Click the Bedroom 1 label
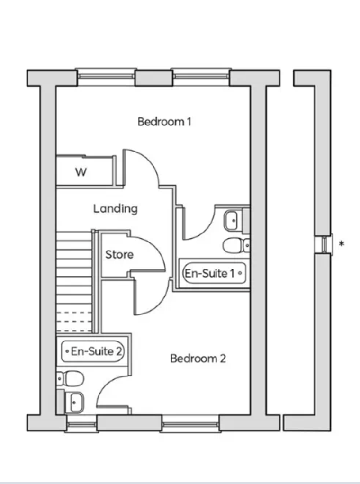[164, 122]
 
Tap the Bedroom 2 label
[198, 359]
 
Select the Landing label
[116, 209]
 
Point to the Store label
[119, 254]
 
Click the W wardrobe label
[81, 172]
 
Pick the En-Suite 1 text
[210, 273]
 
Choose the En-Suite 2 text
[96, 351]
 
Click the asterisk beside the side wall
[341, 244]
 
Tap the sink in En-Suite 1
[232, 220]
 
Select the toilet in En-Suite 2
[71, 378]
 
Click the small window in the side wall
[324, 244]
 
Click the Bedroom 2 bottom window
[190, 424]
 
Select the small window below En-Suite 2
[82, 424]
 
